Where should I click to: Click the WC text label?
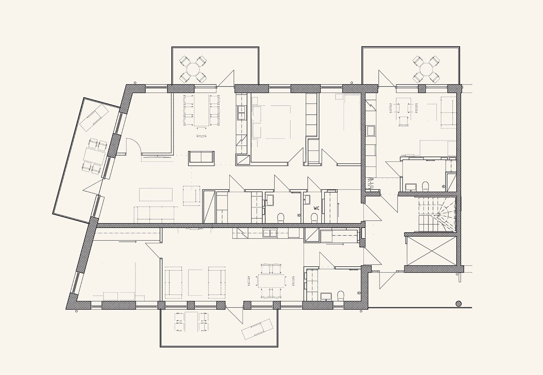click(316, 208)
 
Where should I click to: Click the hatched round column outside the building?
click(458, 303)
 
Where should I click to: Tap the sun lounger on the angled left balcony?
click(94, 118)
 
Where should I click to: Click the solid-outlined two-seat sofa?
click(201, 158)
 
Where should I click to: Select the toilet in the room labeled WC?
click(314, 218)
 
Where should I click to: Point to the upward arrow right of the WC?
click(339, 208)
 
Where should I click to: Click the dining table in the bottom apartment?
click(271, 281)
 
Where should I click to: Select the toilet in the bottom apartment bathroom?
click(341, 296)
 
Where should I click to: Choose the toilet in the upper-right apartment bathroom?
click(425, 186)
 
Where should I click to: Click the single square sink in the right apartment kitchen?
click(371, 131)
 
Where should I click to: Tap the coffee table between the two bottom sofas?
click(195, 282)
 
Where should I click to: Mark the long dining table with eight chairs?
click(202, 111)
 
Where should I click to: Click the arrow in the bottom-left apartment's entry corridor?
click(128, 242)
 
